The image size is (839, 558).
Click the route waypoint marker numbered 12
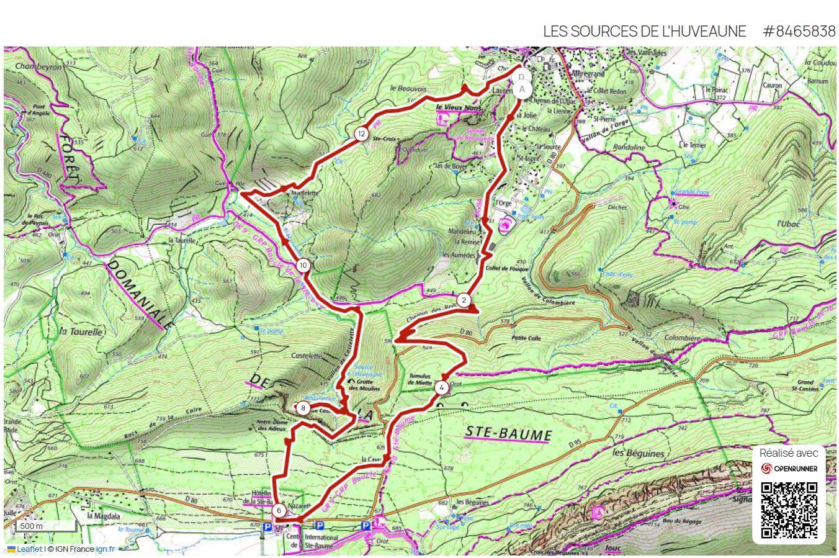(361, 133)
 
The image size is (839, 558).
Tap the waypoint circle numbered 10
(303, 266)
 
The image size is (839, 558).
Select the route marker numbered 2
(464, 300)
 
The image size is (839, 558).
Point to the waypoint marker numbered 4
(441, 388)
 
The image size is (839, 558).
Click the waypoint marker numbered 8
(302, 408)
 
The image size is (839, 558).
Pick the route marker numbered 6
(279, 511)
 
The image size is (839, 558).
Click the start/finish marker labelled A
(522, 89)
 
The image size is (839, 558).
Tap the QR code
(789, 510)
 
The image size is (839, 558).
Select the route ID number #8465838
(799, 31)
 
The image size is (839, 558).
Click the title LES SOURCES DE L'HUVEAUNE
(644, 31)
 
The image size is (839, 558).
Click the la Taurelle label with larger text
(81, 332)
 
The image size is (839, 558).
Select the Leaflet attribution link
(29, 549)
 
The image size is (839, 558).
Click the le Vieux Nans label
(459, 107)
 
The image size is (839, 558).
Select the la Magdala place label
(102, 515)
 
